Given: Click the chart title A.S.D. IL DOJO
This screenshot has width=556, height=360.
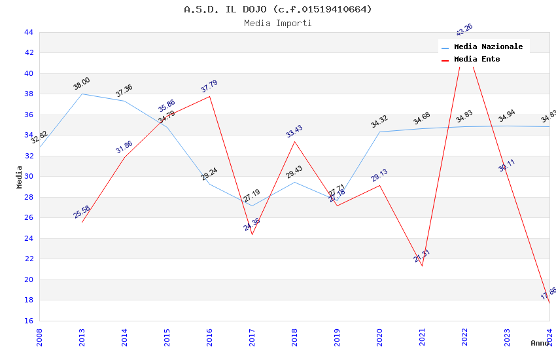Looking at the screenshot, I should coord(277,9).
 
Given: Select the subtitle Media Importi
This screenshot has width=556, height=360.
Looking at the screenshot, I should coord(277,23).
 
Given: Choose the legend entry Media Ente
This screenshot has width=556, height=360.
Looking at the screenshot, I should coord(476,59).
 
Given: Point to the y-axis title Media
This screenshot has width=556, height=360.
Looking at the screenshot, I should coord(19,177).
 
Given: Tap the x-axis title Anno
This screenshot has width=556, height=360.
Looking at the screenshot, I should coord(540,342).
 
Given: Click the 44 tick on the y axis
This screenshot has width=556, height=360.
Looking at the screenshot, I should coord(28,32).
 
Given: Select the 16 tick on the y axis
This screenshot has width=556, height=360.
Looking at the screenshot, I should coord(28,321).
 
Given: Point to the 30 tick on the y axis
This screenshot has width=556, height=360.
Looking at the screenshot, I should coord(28,177).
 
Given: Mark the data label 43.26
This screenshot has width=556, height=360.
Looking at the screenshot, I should coord(464,30).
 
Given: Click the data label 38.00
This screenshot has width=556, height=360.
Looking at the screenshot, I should coord(82,84).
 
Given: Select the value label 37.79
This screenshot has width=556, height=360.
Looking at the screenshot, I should coord(209,86).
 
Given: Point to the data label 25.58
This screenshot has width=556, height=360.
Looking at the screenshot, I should coord(82,212).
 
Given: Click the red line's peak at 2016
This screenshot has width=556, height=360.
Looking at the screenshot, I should coord(209,96).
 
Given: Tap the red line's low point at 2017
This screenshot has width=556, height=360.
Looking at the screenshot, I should coord(252,234).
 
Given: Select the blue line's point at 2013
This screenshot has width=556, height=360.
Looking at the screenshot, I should coord(82,94).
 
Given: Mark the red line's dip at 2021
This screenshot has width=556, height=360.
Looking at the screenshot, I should coord(422,266).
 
